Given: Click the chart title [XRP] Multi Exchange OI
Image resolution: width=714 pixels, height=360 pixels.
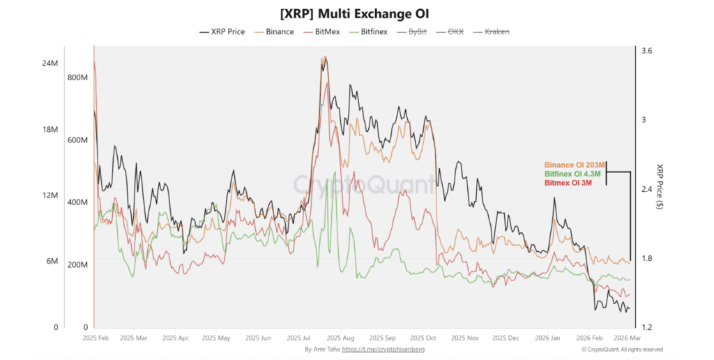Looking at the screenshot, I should [x=356, y=13].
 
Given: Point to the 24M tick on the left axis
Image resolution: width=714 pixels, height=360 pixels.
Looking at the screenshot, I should [x=50, y=63].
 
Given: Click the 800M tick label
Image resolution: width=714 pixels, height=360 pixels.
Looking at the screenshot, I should [x=77, y=77].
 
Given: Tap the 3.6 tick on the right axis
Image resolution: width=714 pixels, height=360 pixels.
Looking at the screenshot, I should [x=648, y=51].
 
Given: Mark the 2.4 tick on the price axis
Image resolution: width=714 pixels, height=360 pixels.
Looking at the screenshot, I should [x=648, y=190].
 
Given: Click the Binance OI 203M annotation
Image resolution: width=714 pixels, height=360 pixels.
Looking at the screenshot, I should [x=574, y=165].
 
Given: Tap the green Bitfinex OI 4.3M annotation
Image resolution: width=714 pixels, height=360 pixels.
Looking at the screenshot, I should [x=574, y=173].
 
